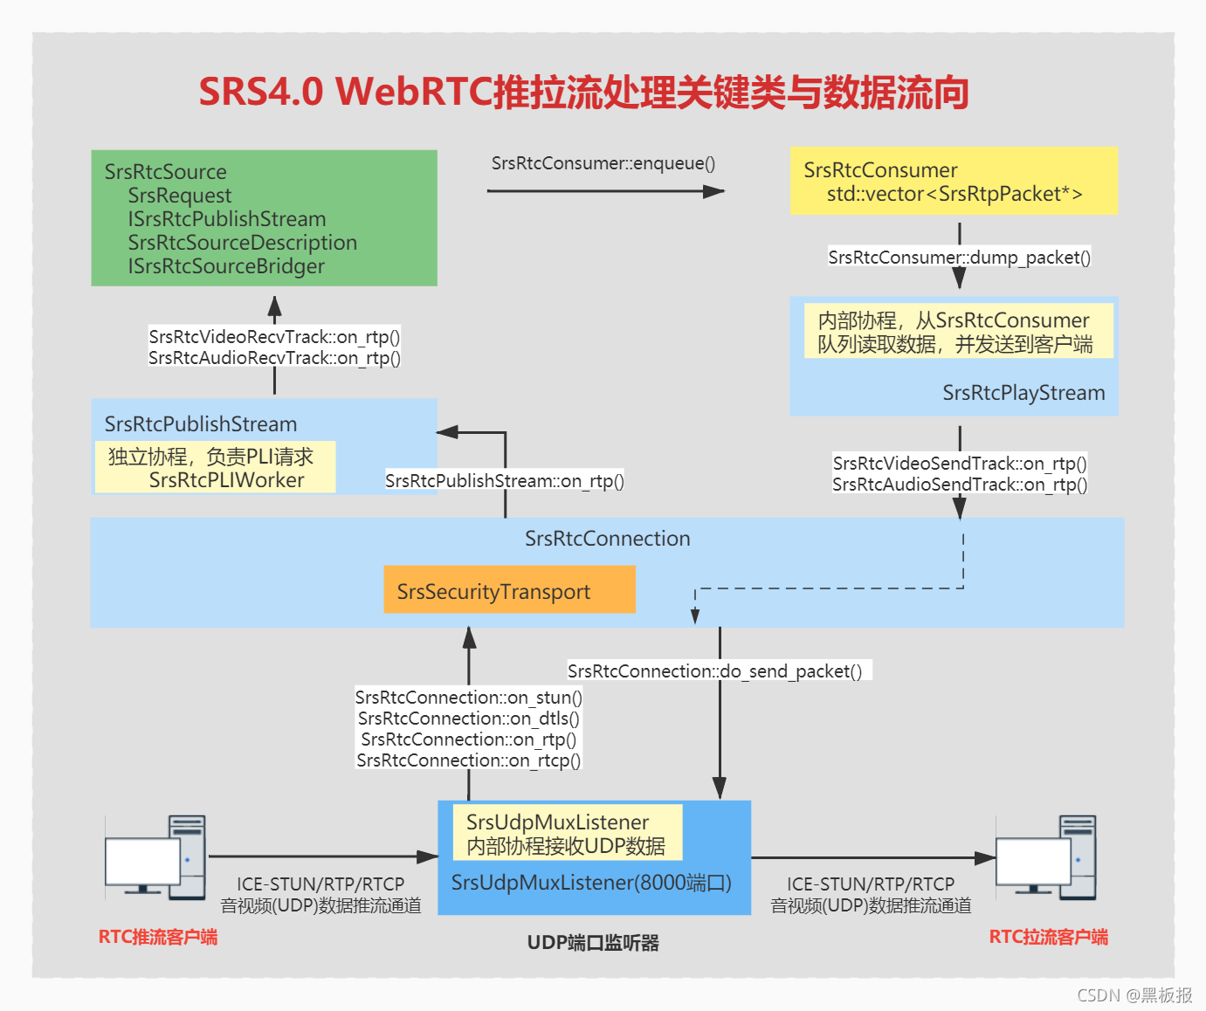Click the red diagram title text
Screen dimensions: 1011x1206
[x=583, y=92]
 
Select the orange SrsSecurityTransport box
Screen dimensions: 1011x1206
[x=509, y=590]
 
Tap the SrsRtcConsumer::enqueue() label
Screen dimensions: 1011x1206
[x=603, y=163]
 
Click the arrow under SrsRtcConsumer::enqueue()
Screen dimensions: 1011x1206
[x=604, y=190]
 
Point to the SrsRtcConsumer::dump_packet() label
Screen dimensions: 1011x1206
[x=959, y=258]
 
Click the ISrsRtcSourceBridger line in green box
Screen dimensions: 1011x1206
[x=226, y=266]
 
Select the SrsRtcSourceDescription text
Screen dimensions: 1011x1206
[x=242, y=243]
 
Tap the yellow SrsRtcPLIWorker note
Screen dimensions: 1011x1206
[x=215, y=468]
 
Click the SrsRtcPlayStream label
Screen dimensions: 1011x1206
[x=1023, y=393]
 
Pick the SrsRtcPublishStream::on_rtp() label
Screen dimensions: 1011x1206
[x=505, y=481]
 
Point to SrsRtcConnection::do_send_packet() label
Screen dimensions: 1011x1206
[x=714, y=671]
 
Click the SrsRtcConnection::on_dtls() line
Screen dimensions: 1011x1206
[x=469, y=719]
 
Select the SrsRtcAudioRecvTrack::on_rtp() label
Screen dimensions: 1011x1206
[x=274, y=358]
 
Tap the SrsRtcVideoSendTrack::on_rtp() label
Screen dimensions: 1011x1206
[x=959, y=464]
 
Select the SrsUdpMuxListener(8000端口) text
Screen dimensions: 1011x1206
[x=591, y=883]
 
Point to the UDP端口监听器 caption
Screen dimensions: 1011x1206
[x=593, y=943]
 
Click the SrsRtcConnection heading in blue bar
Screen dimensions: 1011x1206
[x=607, y=539]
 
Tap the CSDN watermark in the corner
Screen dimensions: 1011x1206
[x=1134, y=995]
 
